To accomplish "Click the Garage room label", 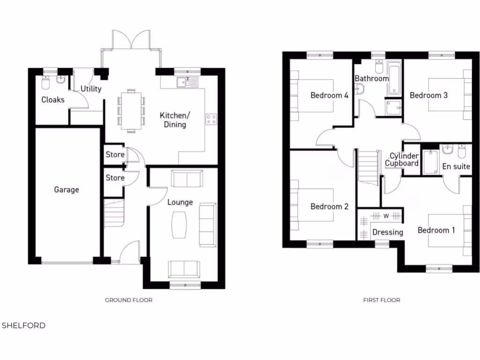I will pos(66,190).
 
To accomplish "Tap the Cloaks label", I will pos(52,100).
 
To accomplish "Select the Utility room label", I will pos(91,89).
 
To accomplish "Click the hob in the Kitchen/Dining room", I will pos(211,119).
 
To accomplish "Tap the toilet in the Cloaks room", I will pos(45,83).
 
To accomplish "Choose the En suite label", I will pos(456,166).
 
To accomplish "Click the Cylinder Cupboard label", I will pos(402,160).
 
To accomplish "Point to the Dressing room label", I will pos(387,232).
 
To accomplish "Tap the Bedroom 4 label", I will pos(329,95).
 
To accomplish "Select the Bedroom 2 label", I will pos(329,206).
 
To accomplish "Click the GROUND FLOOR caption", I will pos(128,300).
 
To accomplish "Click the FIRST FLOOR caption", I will pos(382,300).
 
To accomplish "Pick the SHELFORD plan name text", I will pos(24,325).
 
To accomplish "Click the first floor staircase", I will pos(368,167).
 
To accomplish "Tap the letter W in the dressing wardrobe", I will pos(386,216).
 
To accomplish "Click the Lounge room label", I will pos(180,202).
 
